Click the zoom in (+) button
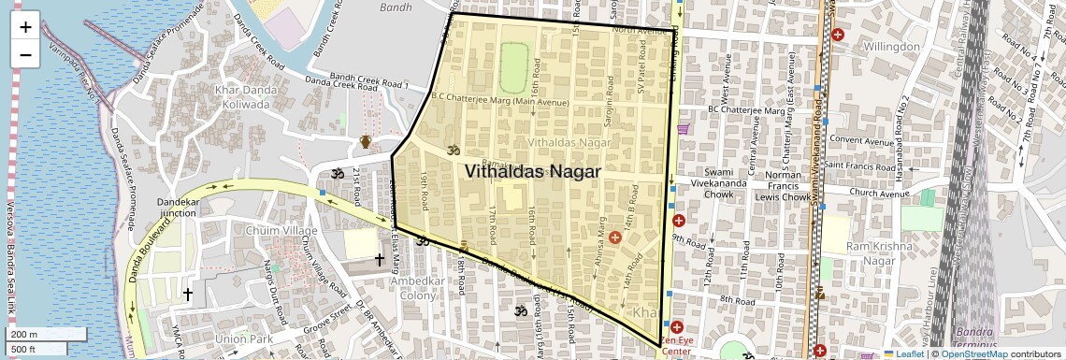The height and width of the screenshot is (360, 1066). tap(25, 26)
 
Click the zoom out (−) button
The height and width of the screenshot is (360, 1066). tap(25, 54)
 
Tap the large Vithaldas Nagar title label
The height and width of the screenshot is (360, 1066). tap(532, 171)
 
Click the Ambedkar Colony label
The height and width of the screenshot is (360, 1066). tap(401, 288)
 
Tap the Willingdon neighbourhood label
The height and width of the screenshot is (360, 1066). tap(891, 46)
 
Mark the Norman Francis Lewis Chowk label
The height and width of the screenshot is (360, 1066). tap(783, 186)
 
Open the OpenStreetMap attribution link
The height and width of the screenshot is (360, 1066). tap(973, 353)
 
